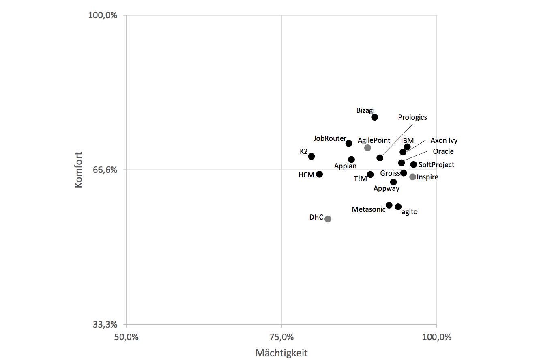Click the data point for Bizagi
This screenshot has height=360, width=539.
coord(374,117)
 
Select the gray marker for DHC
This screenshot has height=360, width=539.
coord(328,219)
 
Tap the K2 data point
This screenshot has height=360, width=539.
coord(311,156)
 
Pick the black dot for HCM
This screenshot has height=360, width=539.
coord(319,174)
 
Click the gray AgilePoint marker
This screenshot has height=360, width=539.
coord(367,148)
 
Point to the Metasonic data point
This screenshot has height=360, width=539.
coord(389,205)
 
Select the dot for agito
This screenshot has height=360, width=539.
coord(398,207)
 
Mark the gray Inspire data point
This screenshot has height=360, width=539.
coord(412,177)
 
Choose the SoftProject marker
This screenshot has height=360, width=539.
coord(413,164)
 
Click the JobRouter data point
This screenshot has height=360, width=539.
coord(348,143)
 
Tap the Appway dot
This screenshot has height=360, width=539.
coord(393,182)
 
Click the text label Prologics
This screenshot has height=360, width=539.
coord(412,117)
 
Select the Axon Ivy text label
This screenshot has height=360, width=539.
coord(444,140)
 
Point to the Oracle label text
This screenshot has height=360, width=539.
coord(443,151)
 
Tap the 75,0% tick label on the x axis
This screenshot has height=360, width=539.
coord(281,337)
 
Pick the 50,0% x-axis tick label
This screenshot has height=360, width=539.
coord(126,337)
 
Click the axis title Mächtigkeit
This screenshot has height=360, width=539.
coord(281,353)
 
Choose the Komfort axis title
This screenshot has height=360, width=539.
coord(79,170)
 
